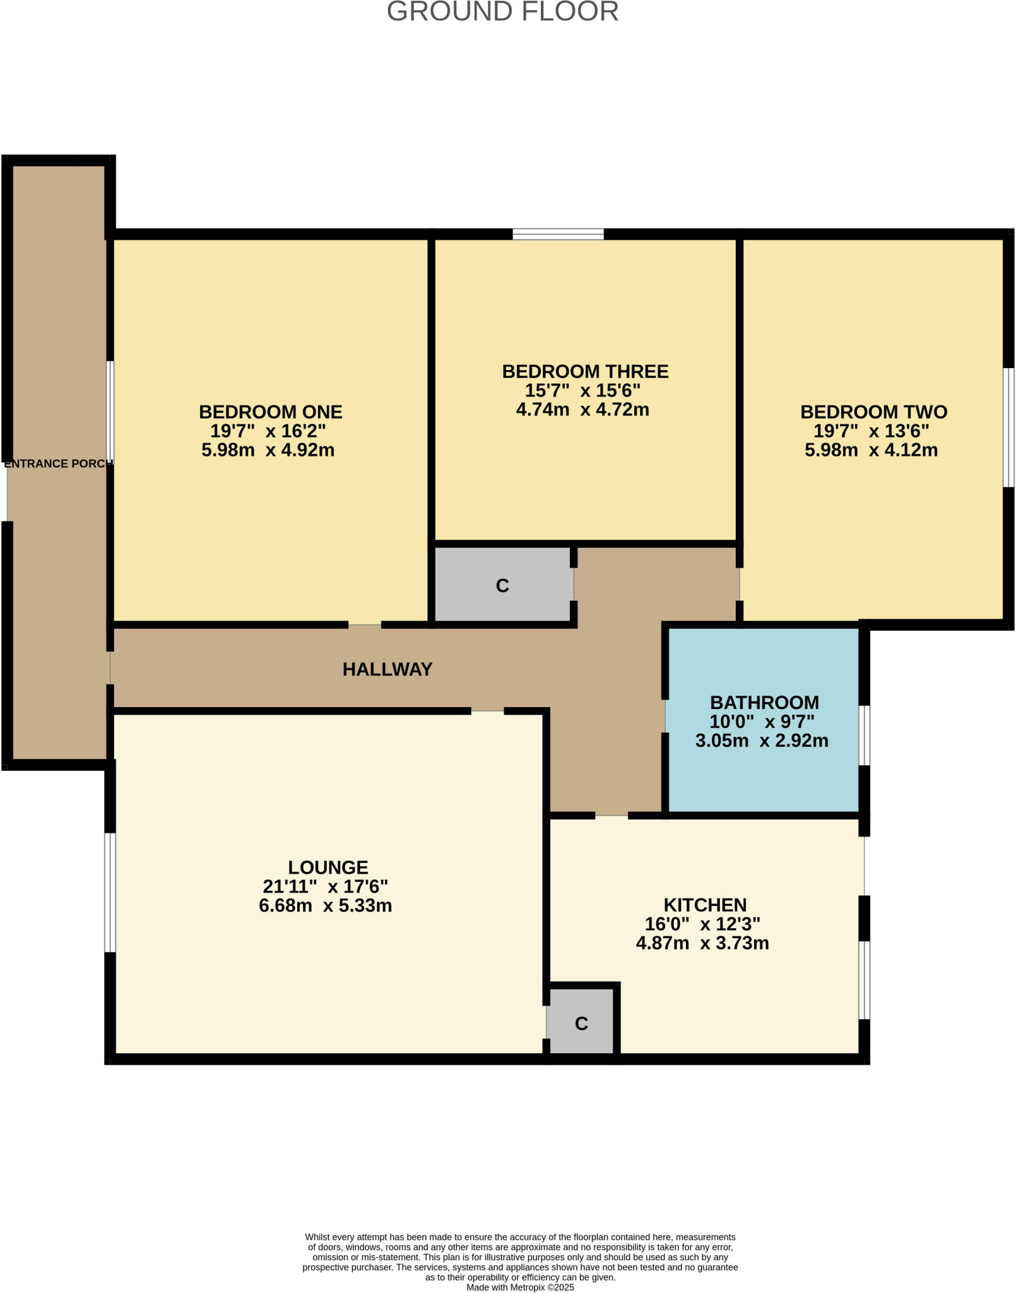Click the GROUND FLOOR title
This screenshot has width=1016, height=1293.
502,12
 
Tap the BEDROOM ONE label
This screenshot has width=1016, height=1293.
270,412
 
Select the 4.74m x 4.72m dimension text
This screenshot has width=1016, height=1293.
582,410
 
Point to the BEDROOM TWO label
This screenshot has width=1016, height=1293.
873,412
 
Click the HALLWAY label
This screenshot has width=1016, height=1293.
387,669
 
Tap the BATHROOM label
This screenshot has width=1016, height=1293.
764,703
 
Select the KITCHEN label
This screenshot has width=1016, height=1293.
705,905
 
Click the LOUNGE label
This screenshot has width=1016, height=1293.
328,867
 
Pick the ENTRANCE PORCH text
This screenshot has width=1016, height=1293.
58,464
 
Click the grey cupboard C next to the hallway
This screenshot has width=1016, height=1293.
503,585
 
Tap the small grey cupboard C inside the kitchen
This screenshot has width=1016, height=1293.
581,1023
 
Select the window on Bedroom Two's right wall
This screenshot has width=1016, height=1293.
1008,427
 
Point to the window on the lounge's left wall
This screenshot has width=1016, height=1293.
110,893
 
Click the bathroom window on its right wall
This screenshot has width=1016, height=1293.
865,736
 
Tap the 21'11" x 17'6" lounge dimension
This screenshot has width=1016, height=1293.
325,886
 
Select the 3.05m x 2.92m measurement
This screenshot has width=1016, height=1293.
762,741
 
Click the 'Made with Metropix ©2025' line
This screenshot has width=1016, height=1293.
520,1287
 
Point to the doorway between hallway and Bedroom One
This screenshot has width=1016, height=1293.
365,625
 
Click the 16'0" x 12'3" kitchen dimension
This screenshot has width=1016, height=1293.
702,924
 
